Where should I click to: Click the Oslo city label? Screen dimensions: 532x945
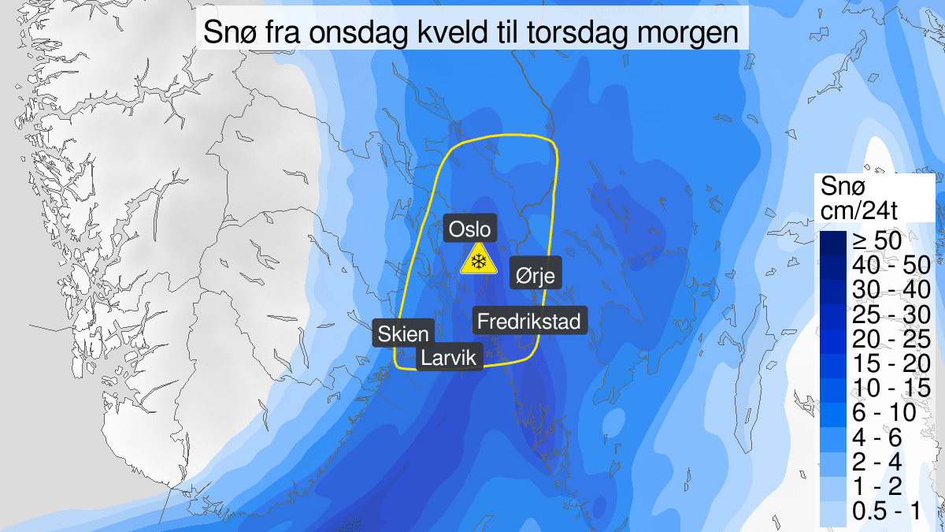pyautogui.click(x=470, y=229)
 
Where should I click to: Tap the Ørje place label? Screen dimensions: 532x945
pyautogui.click(x=535, y=274)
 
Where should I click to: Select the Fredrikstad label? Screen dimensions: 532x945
pyautogui.click(x=528, y=321)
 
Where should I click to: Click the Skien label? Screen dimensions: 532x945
pyautogui.click(x=402, y=333)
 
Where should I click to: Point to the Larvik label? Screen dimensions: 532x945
pyautogui.click(x=449, y=358)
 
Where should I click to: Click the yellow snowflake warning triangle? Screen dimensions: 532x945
pyautogui.click(x=477, y=261)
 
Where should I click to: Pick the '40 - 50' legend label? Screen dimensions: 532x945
pyautogui.click(x=884, y=266)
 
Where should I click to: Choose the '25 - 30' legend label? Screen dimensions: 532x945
pyautogui.click(x=884, y=314)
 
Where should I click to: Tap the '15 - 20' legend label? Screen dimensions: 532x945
pyautogui.click(x=884, y=363)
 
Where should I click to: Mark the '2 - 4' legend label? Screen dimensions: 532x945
pyautogui.click(x=877, y=460)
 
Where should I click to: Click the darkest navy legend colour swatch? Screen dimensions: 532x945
pyautogui.click(x=832, y=241)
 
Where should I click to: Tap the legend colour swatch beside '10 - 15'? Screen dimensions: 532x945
pyautogui.click(x=832, y=387)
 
